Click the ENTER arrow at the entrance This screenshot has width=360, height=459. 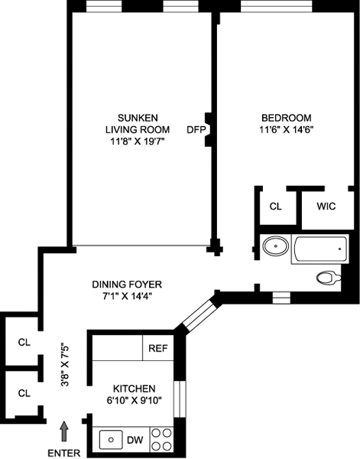point(64,431)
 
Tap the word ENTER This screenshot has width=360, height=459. point(63,453)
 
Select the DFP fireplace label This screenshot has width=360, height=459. point(196,129)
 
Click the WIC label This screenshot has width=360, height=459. point(326,207)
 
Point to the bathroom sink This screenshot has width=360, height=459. point(275,246)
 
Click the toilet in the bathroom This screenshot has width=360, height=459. point(328,277)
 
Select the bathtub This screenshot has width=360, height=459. point(320,249)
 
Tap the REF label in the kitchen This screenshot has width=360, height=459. point(158,348)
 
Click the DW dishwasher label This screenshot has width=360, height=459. point(135,440)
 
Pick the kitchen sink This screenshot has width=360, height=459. point(111,440)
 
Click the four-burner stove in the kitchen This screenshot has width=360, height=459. point(162,439)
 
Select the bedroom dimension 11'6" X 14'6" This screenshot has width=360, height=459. point(287,130)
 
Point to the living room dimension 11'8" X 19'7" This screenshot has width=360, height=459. point(138,142)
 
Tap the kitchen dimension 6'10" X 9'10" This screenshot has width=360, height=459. point(135,400)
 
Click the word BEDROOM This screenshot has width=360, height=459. point(287,118)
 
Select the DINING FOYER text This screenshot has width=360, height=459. point(127,285)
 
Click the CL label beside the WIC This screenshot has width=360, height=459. point(275,207)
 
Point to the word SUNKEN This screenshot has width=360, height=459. point(138,118)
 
